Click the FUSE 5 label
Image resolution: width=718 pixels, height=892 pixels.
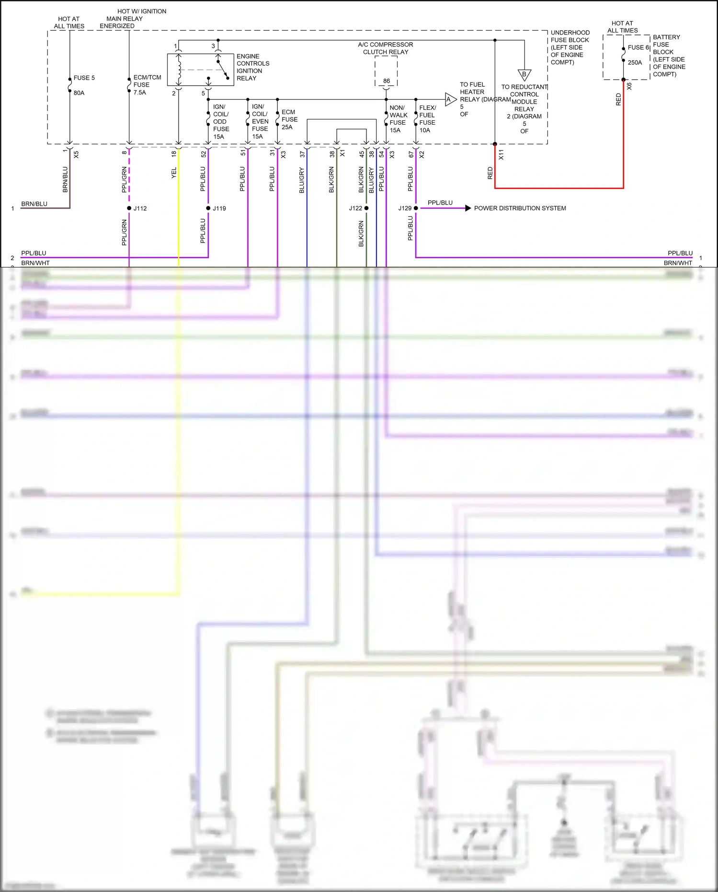coord(84,78)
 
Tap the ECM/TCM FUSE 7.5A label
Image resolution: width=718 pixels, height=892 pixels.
coord(147,85)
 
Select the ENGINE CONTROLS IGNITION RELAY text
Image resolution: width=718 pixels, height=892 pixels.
coord(252,67)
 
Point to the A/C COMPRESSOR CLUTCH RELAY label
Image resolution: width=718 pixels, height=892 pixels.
coord(385,48)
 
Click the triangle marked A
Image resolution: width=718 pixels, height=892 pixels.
coord(450,100)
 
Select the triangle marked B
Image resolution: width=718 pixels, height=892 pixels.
coord(524,75)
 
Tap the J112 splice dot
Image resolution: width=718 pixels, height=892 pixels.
coord(129,208)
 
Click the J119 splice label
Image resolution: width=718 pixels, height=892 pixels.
coord(219,209)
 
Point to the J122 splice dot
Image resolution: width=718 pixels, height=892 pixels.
coord(366,208)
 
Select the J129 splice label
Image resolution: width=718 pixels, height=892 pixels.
coord(404,209)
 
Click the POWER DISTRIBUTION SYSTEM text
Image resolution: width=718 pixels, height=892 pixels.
coord(520,208)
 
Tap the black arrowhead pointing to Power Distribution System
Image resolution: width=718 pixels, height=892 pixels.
coord(468,208)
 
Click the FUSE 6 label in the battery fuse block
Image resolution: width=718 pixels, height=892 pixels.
coord(638,47)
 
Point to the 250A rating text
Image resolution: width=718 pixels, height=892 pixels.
coord(635,62)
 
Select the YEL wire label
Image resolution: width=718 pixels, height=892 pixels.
coord(174,173)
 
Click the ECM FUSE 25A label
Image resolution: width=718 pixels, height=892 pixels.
coord(289,119)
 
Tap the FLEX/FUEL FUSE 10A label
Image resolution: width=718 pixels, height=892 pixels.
coord(427,119)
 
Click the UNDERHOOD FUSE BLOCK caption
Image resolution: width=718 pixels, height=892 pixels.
coord(570,47)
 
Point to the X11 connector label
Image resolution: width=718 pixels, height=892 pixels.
coord(501,155)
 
